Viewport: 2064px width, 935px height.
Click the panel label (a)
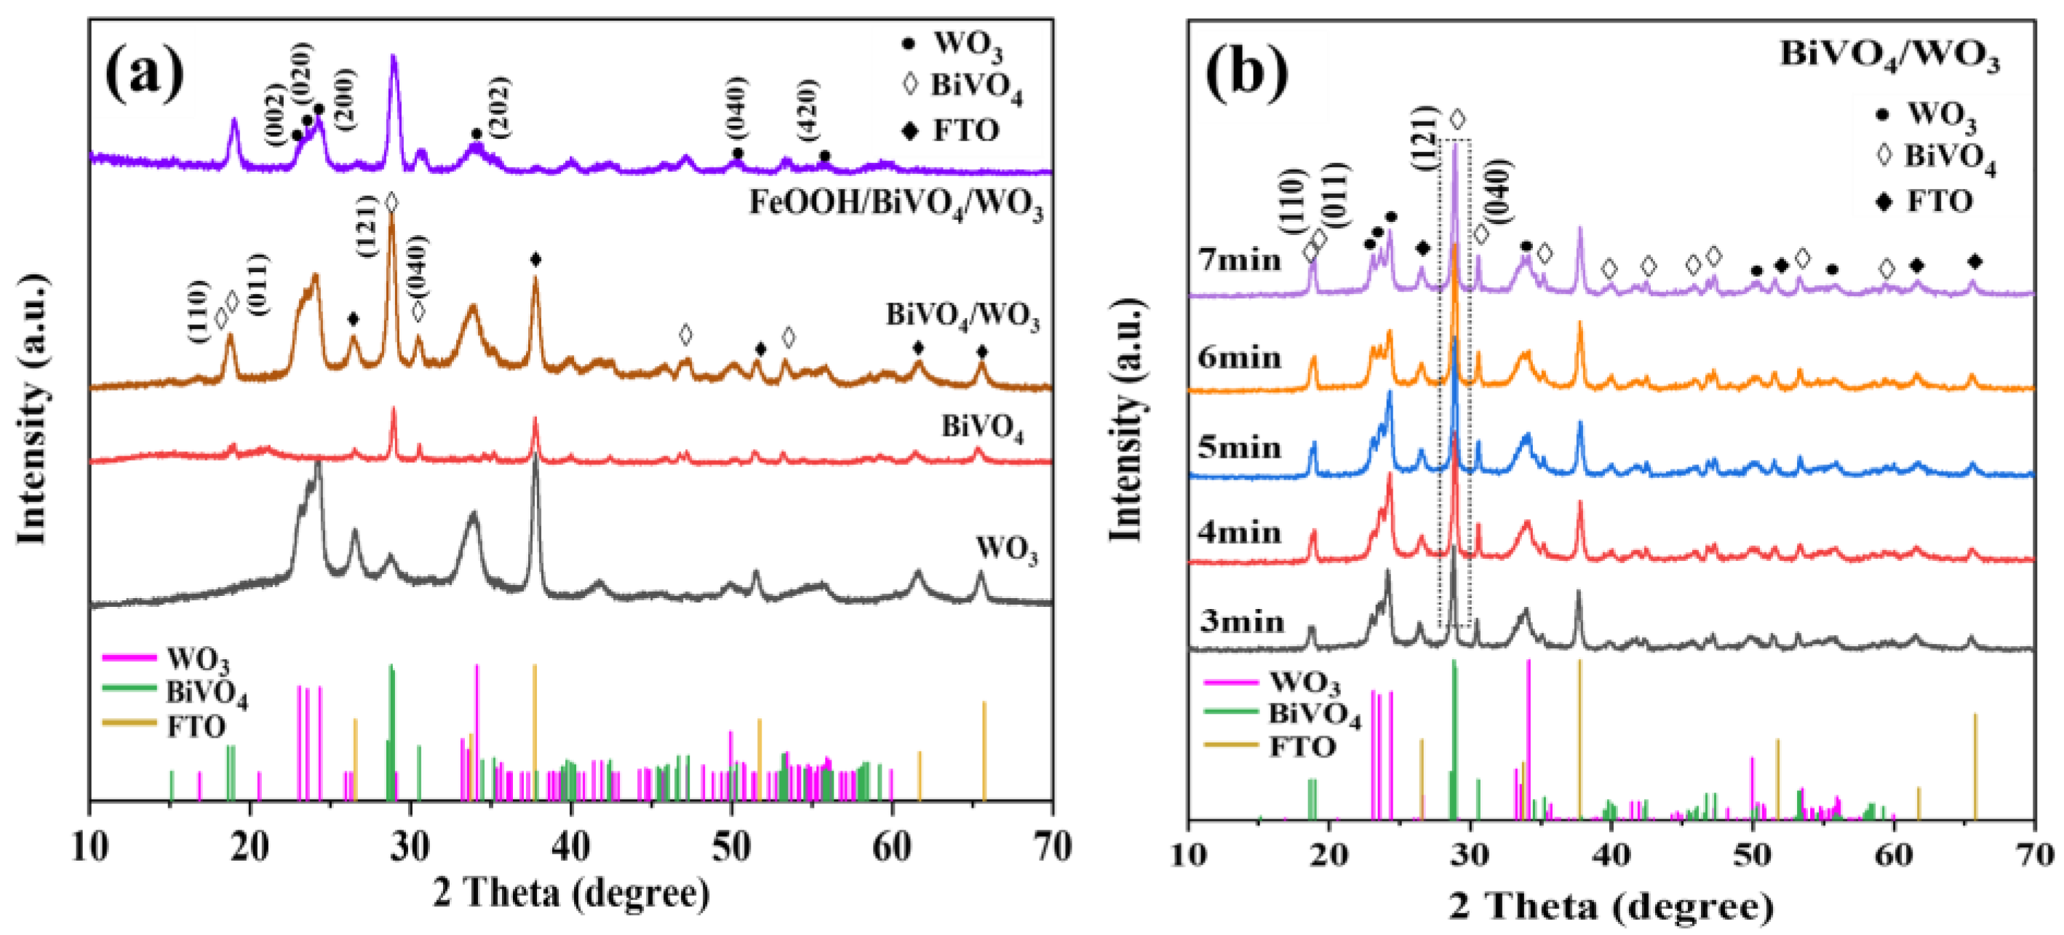144,73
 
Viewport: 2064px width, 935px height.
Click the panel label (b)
1247,73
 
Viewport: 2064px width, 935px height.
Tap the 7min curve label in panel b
1240,260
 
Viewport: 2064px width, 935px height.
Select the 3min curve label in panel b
1241,621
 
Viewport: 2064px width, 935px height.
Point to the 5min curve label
1240,447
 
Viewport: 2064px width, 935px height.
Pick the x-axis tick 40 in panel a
570,846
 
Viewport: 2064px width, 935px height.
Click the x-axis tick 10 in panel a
89,846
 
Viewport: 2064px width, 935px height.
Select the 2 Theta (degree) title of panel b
1611,906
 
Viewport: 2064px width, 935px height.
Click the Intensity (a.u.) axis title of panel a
32,409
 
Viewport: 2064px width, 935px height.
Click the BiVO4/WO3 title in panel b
1889,56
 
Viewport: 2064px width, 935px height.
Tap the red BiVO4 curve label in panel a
982,428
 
